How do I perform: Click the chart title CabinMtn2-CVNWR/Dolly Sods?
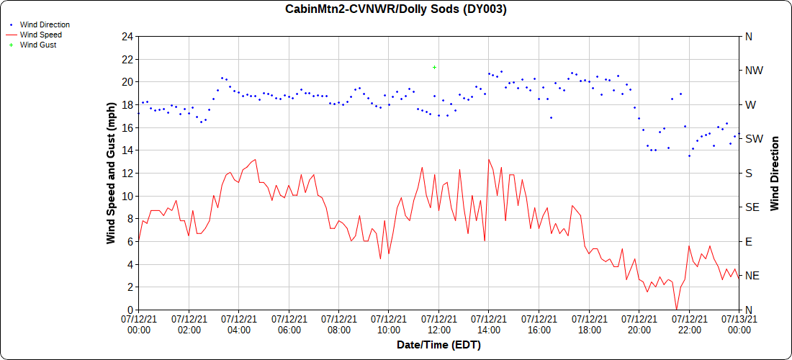(x=395, y=9)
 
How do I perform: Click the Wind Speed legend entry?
(x=40, y=35)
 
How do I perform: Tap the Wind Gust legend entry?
(x=38, y=45)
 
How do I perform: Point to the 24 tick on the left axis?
(x=127, y=36)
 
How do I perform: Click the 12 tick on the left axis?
(x=127, y=173)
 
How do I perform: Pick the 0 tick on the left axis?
(x=130, y=310)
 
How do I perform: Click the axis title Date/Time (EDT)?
(x=438, y=345)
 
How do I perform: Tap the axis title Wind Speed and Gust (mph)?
(x=112, y=173)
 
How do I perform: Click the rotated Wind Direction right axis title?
(x=775, y=173)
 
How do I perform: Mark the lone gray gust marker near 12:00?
(x=434, y=67)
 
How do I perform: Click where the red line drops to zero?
(x=676, y=309)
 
